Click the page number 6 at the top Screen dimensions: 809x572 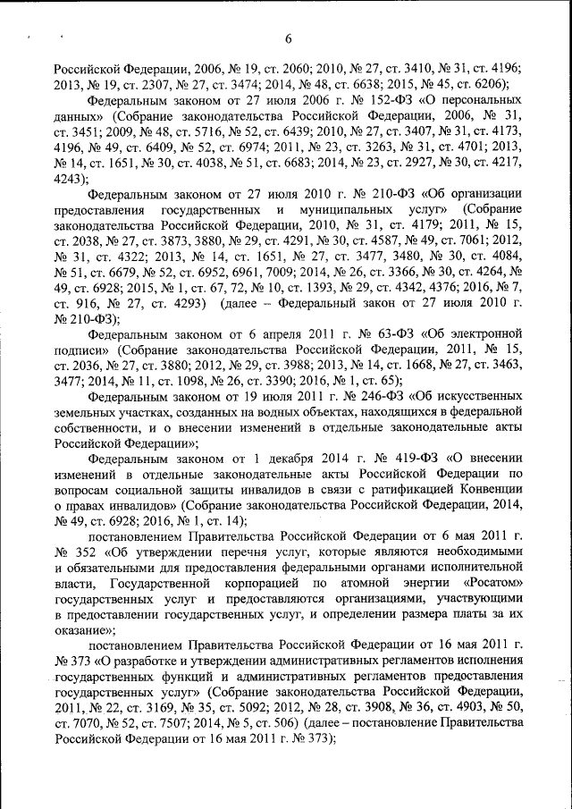[x=289, y=38]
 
